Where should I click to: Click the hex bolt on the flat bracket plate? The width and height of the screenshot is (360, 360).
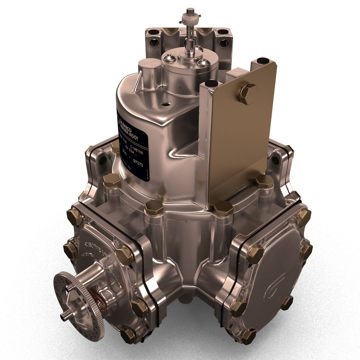(248, 94)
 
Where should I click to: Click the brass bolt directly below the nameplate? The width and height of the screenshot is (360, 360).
(154, 208)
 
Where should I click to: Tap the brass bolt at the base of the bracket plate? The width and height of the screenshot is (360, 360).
(223, 208)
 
